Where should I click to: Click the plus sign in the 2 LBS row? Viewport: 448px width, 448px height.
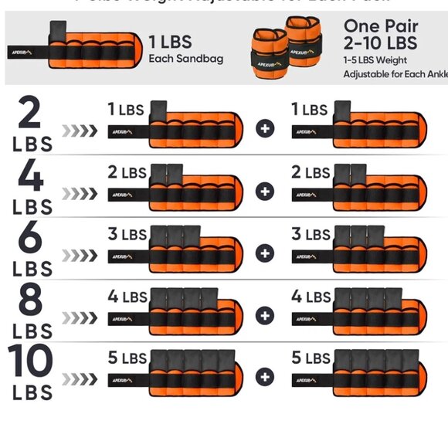pyautogui.click(x=265, y=128)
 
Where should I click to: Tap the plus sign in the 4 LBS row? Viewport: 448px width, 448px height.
pyautogui.click(x=265, y=191)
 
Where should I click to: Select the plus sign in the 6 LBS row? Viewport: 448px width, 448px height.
pyautogui.click(x=265, y=253)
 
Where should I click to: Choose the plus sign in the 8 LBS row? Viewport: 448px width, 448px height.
pyautogui.click(x=265, y=314)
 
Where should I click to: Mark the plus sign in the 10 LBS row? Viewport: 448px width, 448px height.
pyautogui.click(x=265, y=376)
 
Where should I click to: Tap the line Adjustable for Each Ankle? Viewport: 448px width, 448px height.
pyautogui.click(x=394, y=74)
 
